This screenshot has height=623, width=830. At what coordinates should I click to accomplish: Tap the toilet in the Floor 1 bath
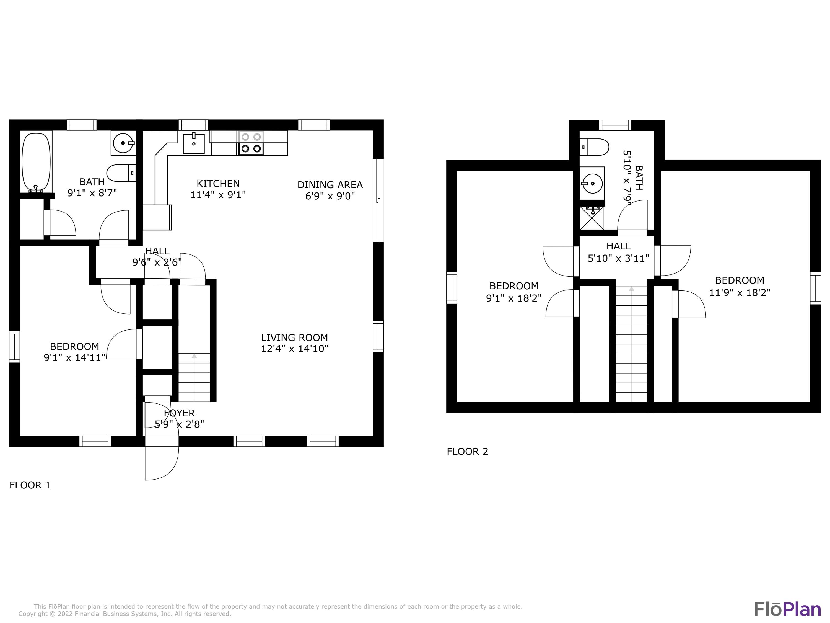click(121, 173)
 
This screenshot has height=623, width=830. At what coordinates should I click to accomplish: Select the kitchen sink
click(194, 143)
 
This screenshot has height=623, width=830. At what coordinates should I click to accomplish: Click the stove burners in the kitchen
click(251, 143)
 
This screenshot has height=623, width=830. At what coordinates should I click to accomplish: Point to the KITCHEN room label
click(218, 184)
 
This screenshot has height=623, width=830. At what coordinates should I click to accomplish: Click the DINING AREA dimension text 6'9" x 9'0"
click(330, 196)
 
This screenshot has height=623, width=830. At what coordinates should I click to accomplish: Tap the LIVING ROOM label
click(294, 338)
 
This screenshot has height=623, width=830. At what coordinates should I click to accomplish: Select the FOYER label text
click(179, 413)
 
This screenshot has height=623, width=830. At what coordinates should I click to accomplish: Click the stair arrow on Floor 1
click(194, 356)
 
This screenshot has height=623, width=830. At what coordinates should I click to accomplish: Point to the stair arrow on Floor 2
click(632, 289)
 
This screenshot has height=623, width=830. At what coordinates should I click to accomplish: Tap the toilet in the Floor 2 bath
click(594, 147)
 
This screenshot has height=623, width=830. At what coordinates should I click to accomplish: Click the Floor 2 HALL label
click(618, 246)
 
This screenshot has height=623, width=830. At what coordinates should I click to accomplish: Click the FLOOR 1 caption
click(30, 485)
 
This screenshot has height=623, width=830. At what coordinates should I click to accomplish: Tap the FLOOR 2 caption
click(467, 451)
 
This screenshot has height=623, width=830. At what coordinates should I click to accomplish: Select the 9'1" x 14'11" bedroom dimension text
click(74, 357)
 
